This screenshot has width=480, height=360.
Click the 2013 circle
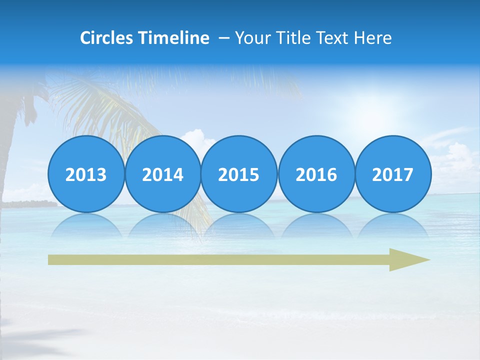[86, 174]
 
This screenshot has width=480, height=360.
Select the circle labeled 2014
[162, 174]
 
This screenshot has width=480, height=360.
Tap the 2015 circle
[239, 174]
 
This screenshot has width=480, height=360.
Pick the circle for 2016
[316, 174]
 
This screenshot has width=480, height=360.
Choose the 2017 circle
[392, 174]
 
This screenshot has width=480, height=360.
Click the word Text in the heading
[333, 38]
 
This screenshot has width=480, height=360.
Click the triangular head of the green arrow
[407, 259]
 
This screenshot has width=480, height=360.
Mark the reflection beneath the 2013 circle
[86, 225]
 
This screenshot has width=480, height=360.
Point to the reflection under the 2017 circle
[392, 225]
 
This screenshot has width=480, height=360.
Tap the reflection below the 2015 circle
[239, 225]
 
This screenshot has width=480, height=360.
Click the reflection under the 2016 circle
[316, 225]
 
